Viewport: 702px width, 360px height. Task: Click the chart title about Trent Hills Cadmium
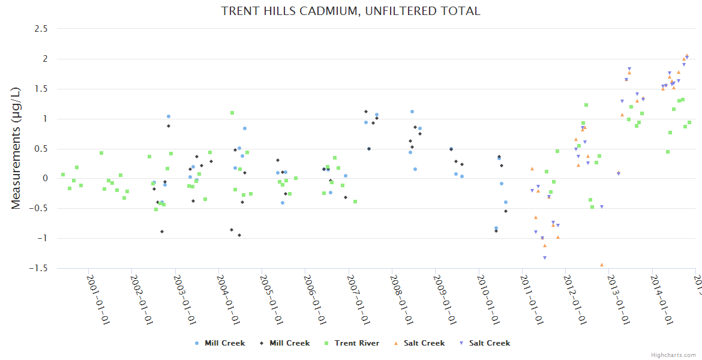point(350,11)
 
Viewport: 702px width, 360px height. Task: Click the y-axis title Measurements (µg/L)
point(16,148)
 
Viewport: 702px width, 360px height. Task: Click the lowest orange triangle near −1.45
point(602,265)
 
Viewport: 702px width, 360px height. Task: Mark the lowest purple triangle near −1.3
point(545,258)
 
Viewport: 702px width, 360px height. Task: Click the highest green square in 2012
point(586,105)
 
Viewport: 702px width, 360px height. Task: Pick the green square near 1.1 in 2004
point(232,113)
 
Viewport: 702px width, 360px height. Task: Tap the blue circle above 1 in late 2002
point(169,116)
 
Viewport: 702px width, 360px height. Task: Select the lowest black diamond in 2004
point(239,235)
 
